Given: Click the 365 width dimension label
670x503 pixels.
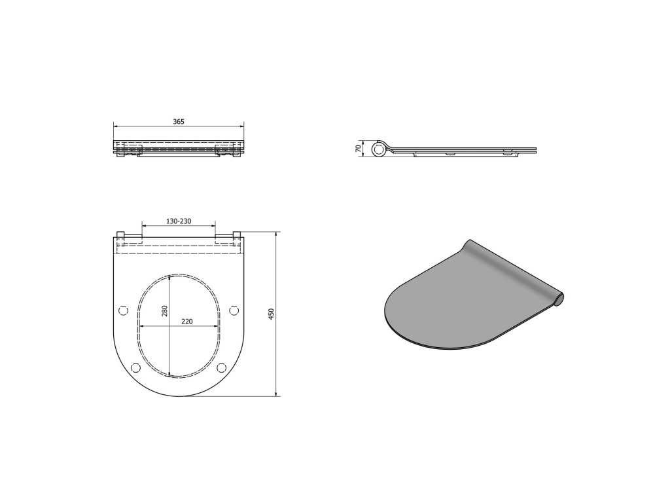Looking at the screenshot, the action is click(x=179, y=122).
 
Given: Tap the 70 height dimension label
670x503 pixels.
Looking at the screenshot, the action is click(x=359, y=149).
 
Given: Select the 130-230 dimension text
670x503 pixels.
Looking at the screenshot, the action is click(x=179, y=221).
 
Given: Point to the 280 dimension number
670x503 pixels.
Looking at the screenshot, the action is click(x=164, y=310).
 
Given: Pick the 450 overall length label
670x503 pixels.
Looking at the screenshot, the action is click(x=271, y=314).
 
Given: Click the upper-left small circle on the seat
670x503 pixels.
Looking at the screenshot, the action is click(x=122, y=310).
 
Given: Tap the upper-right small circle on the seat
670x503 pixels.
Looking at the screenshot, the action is click(x=234, y=310).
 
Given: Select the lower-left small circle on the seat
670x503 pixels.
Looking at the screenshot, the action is click(x=135, y=367).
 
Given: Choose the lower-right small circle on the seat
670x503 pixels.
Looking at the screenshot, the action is click(x=222, y=367).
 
